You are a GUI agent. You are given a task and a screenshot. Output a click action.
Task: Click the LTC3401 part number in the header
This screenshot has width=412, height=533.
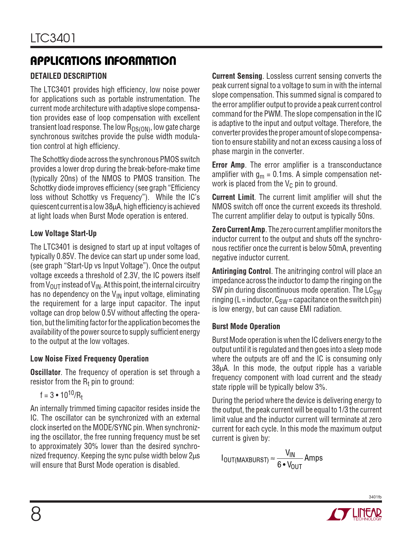pos(53,38)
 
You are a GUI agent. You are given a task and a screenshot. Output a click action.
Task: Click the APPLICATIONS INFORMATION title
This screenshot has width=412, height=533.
pos(103,61)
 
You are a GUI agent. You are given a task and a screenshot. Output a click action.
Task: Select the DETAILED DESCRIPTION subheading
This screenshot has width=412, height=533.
pos(69,76)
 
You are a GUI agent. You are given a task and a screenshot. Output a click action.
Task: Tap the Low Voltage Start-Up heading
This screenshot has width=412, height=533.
pos(63,233)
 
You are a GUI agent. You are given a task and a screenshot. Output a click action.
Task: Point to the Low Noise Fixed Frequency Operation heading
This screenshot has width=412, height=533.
pos(90,359)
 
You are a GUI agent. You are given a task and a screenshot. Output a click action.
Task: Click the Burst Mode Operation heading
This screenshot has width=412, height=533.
pos(246,326)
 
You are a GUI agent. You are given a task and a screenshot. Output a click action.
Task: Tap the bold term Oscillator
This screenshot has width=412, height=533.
pos(46,372)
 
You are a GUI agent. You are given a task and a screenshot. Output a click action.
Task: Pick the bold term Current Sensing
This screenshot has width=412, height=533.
pos(237,76)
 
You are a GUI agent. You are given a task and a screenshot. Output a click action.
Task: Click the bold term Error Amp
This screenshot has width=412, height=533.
pos(228,165)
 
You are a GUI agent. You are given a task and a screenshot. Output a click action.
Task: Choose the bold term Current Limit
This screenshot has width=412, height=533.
pos(233,197)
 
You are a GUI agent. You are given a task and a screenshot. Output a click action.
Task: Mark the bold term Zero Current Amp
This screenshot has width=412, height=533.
pos(238,229)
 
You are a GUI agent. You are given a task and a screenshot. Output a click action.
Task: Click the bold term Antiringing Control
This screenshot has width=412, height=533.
pos(241,271)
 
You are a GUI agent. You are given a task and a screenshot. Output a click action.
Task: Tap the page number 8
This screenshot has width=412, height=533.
pos(36,514)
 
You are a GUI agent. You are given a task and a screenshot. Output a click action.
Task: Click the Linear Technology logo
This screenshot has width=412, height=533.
pos(354,514)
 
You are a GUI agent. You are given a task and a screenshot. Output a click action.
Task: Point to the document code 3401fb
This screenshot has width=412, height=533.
pos(375,497)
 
